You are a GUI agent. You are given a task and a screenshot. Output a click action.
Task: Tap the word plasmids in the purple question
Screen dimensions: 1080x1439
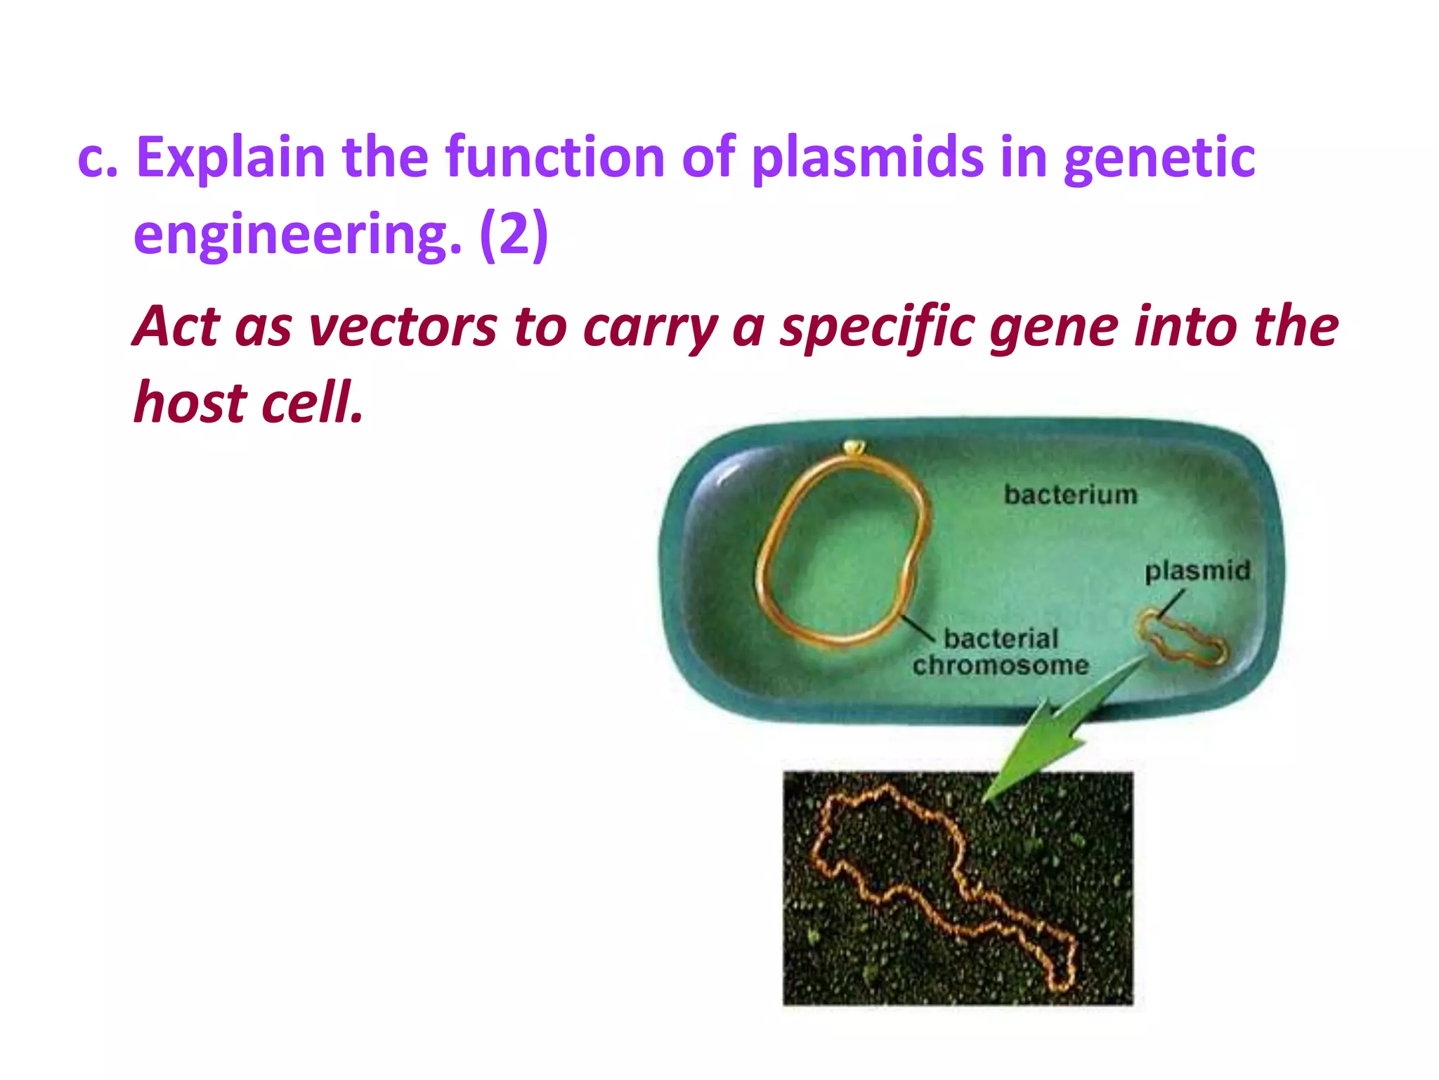click(x=868, y=158)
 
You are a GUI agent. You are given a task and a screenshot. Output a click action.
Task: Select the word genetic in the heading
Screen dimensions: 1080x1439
click(x=1159, y=158)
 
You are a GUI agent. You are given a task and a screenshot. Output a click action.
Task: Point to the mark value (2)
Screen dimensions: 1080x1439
click(x=514, y=236)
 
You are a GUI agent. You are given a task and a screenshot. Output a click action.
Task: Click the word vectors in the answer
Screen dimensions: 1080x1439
click(x=403, y=327)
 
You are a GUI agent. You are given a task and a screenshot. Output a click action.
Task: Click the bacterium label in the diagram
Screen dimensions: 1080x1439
click(x=1070, y=495)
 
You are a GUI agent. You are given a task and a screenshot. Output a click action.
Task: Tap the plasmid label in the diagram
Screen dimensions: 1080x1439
click(x=1197, y=570)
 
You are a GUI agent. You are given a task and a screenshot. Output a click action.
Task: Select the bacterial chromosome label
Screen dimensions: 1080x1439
click(x=1001, y=652)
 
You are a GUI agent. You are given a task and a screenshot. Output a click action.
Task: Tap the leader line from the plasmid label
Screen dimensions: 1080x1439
click(x=1171, y=604)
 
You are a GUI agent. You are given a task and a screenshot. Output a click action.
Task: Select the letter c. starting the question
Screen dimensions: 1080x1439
click(x=97, y=158)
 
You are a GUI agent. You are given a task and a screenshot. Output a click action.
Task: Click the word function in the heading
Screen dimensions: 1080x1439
click(x=555, y=158)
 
